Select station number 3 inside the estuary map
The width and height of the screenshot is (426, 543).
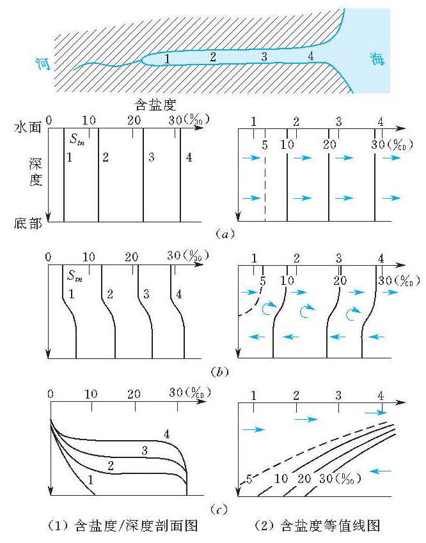[263, 57]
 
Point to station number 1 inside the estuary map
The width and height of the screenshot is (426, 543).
[167, 59]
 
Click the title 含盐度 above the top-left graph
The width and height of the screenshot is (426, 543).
[152, 103]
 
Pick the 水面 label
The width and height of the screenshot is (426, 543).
[27, 127]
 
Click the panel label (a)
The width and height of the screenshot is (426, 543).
[223, 234]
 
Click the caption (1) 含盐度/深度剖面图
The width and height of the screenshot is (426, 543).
[122, 526]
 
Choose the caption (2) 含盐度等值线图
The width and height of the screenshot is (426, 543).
[318, 526]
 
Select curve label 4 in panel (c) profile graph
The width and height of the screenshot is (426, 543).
[166, 434]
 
